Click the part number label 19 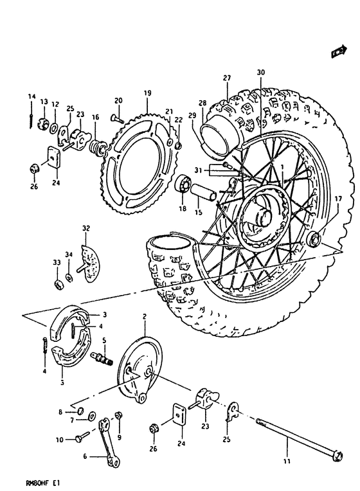click(x=147, y=93)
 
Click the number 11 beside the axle click(x=287, y=461)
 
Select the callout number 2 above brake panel click(x=145, y=317)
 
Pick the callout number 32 click(x=85, y=228)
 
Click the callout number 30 click(x=260, y=73)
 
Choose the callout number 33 click(x=57, y=262)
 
